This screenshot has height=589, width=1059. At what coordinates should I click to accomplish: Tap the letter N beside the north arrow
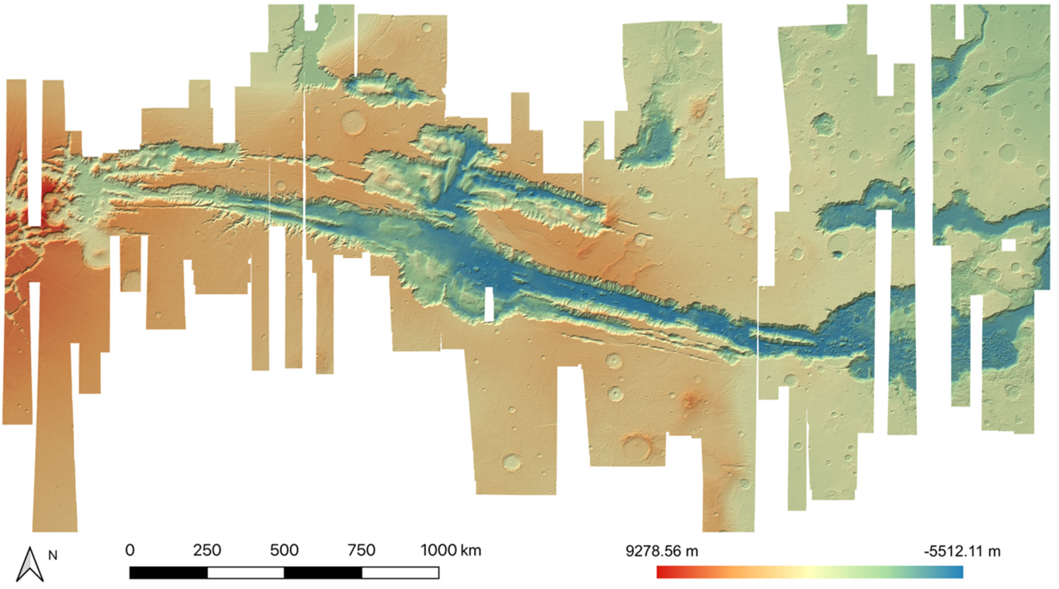[x=53, y=555]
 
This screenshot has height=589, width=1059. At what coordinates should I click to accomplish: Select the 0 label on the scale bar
[x=130, y=550]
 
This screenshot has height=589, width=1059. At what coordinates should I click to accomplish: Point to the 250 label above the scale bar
[x=207, y=550]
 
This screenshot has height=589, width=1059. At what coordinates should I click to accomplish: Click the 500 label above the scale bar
[x=284, y=550]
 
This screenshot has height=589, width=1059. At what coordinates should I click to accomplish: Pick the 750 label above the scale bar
[x=361, y=550]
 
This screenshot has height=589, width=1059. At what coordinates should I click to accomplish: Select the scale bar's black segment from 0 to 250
[x=169, y=573]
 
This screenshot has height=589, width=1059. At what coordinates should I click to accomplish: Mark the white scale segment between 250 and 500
[x=246, y=573]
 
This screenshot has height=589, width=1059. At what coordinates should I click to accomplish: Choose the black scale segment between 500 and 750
[x=323, y=573]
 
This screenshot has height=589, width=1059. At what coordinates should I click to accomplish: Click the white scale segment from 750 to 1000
[x=400, y=573]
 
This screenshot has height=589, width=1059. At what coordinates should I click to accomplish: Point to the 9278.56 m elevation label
[x=661, y=551]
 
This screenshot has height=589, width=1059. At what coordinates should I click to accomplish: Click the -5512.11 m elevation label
[x=962, y=551]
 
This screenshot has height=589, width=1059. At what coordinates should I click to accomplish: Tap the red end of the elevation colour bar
[x=660, y=572]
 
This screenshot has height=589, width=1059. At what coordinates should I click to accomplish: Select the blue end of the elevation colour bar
[x=960, y=572]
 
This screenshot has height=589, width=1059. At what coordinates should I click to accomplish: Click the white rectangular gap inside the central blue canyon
[x=489, y=304]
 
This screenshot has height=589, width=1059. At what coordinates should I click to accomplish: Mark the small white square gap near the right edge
[x=1009, y=245]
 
